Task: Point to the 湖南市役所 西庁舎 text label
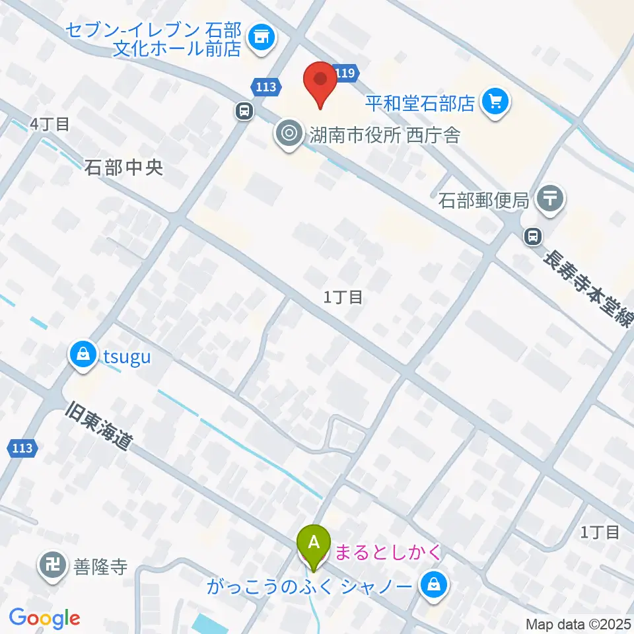385,135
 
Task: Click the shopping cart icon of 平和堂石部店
495,102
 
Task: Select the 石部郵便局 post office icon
549,197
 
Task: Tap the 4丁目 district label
50,123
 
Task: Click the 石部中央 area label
123,168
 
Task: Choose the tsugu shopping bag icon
83,357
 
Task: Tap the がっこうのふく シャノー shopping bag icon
435,584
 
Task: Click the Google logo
44,618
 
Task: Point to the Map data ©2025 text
578,623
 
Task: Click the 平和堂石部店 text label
420,103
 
